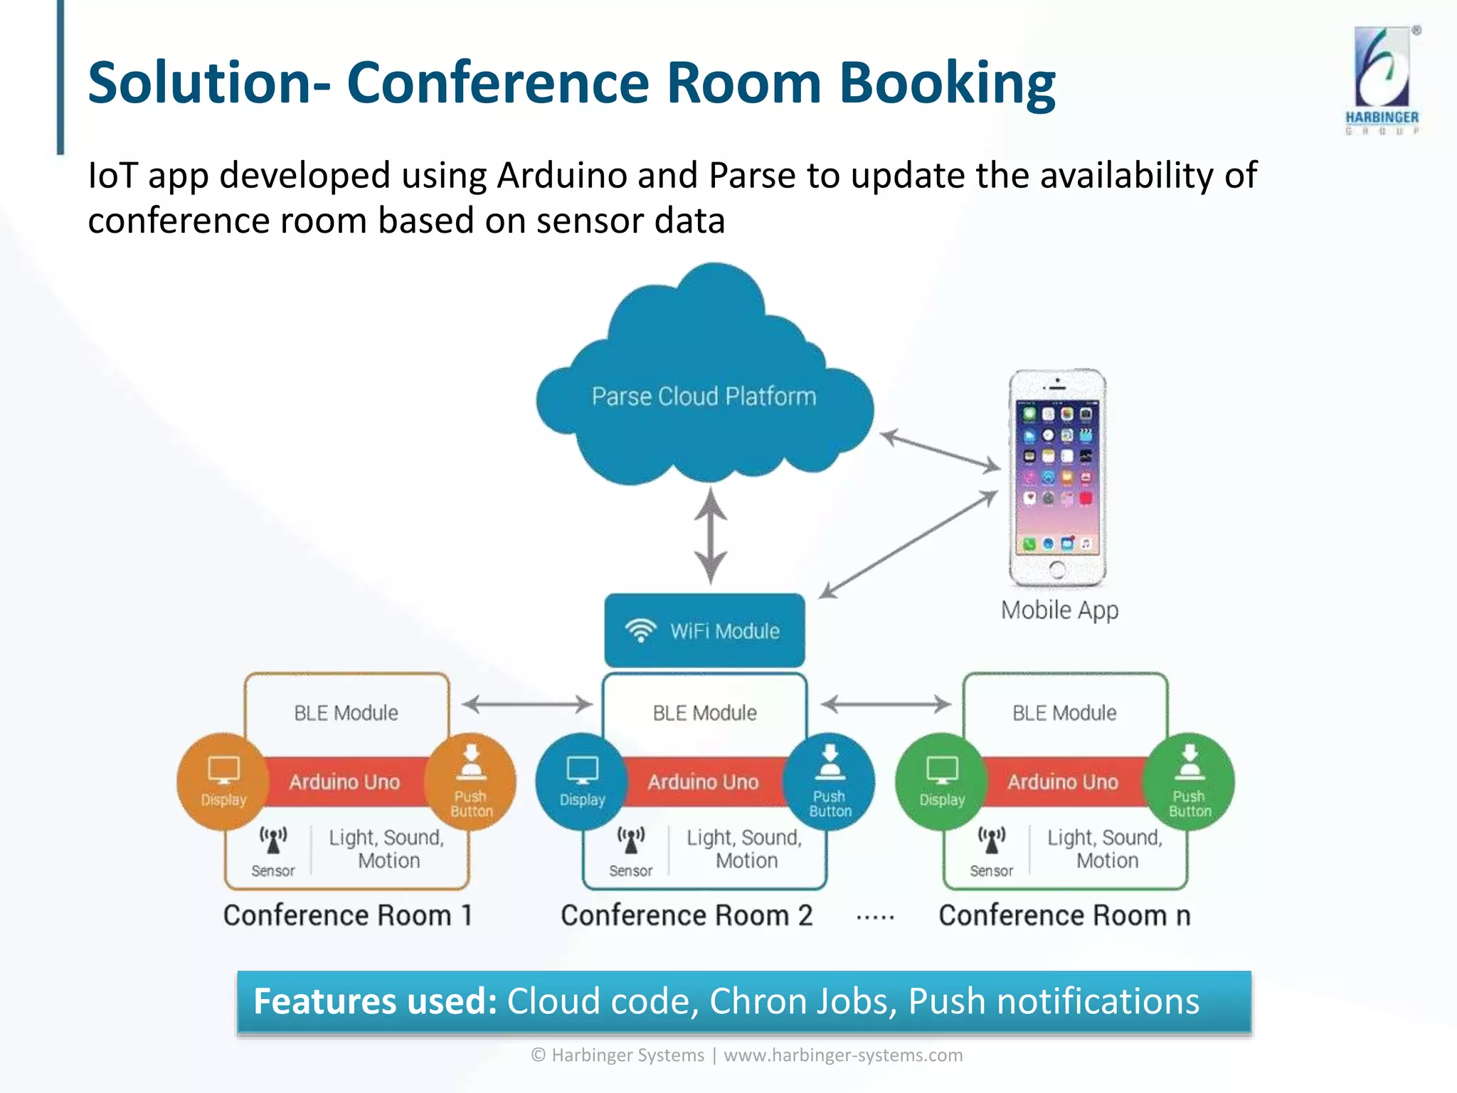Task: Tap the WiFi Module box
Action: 704,630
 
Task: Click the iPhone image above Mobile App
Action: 1057,477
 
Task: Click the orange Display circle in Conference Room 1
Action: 223,781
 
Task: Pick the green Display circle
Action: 941,781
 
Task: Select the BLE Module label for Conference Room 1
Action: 346,713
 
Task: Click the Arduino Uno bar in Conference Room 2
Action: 703,782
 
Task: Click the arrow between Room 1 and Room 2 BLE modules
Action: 527,704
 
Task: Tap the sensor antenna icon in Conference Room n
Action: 991,840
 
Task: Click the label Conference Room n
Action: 1064,915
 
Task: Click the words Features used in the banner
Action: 375,1001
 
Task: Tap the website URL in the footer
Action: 843,1055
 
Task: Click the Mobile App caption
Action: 1059,611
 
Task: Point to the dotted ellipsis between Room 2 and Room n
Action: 875,918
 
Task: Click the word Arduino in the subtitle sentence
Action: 561,175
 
